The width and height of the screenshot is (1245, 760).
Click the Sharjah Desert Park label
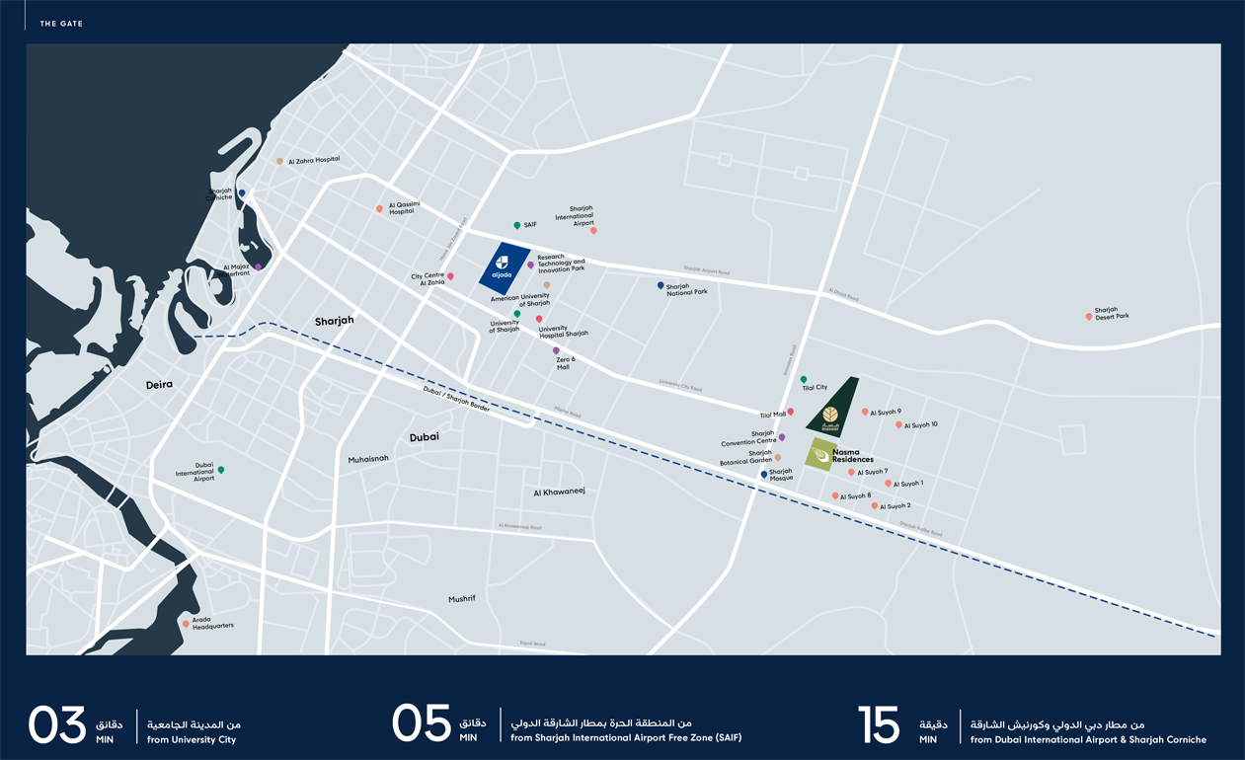pyautogui.click(x=1112, y=314)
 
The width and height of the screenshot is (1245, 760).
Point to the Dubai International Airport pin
pyautogui.click(x=221, y=471)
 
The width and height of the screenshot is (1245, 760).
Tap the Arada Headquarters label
pyautogui.click(x=213, y=623)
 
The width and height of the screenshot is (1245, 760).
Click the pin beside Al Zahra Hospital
pyautogui.click(x=279, y=161)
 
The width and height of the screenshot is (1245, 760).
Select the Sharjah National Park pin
pyautogui.click(x=661, y=286)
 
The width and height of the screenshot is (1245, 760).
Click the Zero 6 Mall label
pyautogui.click(x=564, y=363)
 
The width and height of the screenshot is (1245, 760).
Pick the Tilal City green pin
pyautogui.click(x=803, y=380)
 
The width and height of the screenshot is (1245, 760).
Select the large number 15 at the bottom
pyautogui.click(x=879, y=725)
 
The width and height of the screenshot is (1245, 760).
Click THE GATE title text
pyautogui.click(x=61, y=23)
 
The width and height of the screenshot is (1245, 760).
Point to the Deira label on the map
pyautogui.click(x=159, y=385)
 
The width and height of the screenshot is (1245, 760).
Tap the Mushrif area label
pyautogui.click(x=462, y=599)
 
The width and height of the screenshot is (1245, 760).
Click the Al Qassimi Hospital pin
pyautogui.click(x=379, y=209)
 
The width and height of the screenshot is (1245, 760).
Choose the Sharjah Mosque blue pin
pyautogui.click(x=763, y=475)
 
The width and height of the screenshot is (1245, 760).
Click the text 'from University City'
pyautogui.click(x=192, y=739)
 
